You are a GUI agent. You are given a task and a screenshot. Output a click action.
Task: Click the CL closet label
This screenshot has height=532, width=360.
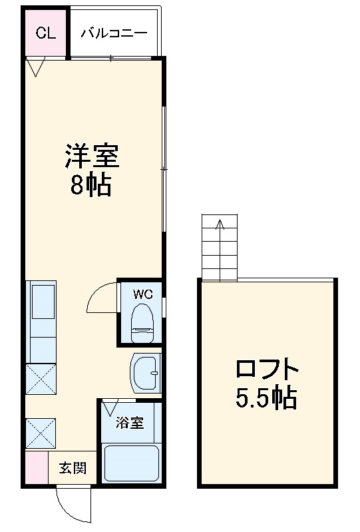pos(46,33)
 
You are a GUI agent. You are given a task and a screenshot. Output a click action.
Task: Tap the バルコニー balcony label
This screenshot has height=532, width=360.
pos(114,33)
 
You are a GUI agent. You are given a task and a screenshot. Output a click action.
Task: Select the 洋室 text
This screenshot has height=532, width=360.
pos(91,157)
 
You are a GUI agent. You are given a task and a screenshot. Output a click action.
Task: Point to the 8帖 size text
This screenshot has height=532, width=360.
pos(91,186)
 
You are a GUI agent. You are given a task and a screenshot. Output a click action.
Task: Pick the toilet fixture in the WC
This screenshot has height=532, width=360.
pos(142,318)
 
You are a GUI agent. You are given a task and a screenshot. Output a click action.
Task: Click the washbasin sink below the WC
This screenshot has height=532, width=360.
pos(145,374)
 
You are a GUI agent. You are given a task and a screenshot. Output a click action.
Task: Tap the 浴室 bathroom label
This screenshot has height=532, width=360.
pos(130,422)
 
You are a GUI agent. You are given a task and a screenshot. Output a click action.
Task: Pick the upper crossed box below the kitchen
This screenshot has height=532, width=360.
pos(42,378)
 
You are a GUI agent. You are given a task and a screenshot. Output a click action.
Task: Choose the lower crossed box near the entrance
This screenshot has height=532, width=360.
pos(42,433)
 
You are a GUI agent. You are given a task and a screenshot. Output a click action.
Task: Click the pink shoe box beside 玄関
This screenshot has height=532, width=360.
pos(36,468)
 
